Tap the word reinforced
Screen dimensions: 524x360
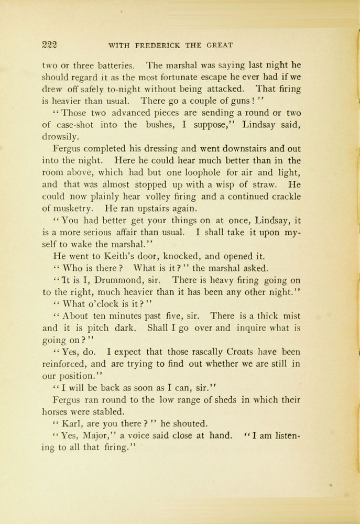pyautogui.click(x=66, y=364)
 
